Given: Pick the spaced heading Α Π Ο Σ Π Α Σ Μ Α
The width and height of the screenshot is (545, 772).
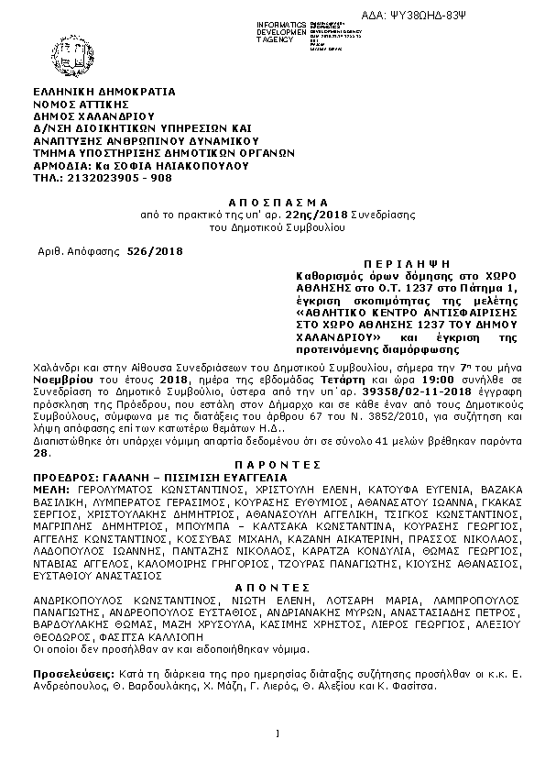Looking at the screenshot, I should [274, 200].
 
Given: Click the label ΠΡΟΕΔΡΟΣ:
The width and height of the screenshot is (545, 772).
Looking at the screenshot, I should [62, 478].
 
